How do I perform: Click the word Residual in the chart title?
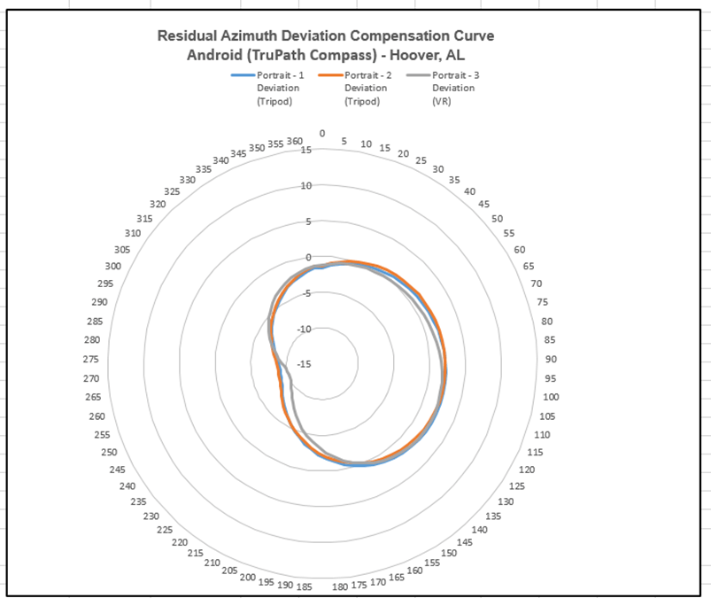tap(189, 36)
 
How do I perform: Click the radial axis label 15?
tap(306, 150)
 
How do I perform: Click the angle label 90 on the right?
tap(550, 359)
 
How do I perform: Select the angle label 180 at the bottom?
tap(339, 586)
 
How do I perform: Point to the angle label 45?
tap(483, 205)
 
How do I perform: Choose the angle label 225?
tap(166, 530)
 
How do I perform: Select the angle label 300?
tap(113, 266)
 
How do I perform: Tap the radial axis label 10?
tap(306, 185)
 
